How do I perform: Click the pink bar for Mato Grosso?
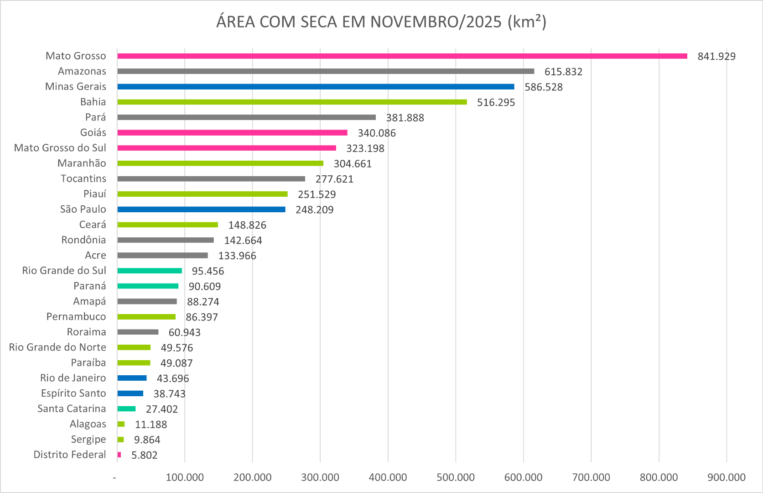pos(401,56)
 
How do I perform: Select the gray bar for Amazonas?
pos(326,71)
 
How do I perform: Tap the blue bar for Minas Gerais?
pos(316,87)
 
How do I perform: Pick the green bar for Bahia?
pos(292,102)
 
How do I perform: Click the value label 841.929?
pos(716,57)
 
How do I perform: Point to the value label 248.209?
pos(314,210)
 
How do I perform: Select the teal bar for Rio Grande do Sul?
pos(150,271)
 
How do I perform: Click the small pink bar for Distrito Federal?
pos(119,455)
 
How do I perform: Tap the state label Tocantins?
pos(83,178)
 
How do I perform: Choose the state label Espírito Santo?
pos(73,393)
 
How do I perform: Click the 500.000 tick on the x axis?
pos(456,477)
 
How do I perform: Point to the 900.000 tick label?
pos(727,477)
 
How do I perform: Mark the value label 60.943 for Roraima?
pos(184,333)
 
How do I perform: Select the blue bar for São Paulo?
pos(201,210)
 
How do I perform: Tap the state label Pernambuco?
pos(76,317)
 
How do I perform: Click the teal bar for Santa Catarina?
pos(126,409)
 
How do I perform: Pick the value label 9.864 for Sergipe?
pos(147,440)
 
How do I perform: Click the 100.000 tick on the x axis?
pos(185,477)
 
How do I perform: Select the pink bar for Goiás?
pos(232,133)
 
